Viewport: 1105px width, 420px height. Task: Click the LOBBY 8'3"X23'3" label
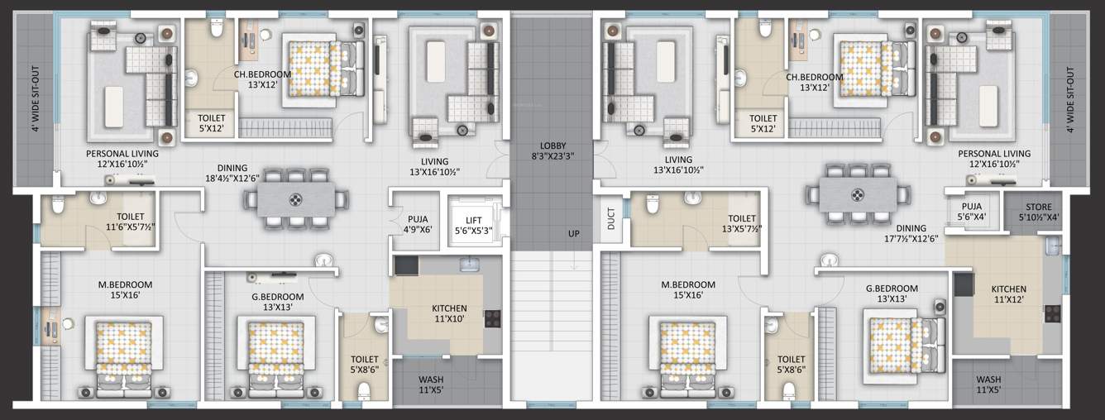552,150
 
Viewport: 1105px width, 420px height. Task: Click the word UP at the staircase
573,234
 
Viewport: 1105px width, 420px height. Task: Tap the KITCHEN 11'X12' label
1008,294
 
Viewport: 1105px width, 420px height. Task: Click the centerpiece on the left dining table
297,198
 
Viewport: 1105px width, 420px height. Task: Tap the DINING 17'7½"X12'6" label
911,234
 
